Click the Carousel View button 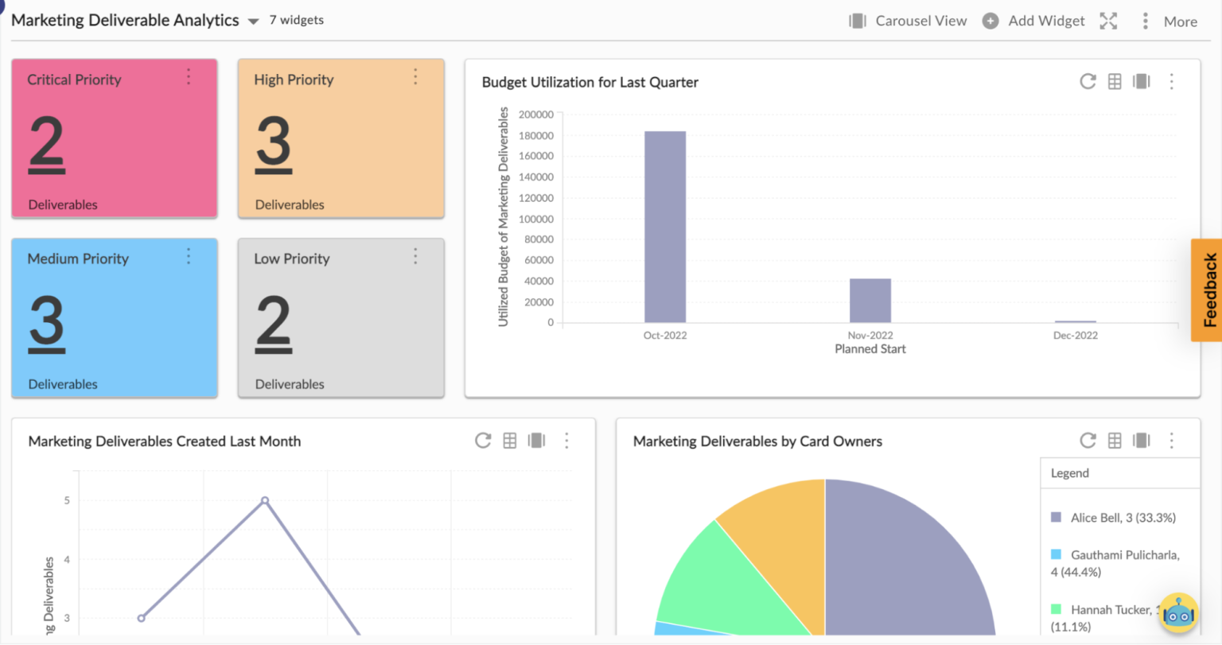click(x=908, y=21)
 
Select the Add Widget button click(x=1033, y=21)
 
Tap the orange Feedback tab click(x=1207, y=289)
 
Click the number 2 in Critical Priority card click(x=47, y=144)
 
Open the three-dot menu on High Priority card click(x=415, y=77)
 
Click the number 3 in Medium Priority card click(x=47, y=324)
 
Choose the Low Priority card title click(x=291, y=258)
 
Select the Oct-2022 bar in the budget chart click(x=665, y=227)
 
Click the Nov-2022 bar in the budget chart click(x=870, y=301)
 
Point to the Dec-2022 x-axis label click(x=1075, y=336)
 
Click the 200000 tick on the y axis click(x=535, y=115)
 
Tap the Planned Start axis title click(x=870, y=349)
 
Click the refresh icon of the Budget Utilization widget click(x=1088, y=82)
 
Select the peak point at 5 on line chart click(x=265, y=500)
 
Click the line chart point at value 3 click(x=142, y=618)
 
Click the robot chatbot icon click(x=1178, y=614)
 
